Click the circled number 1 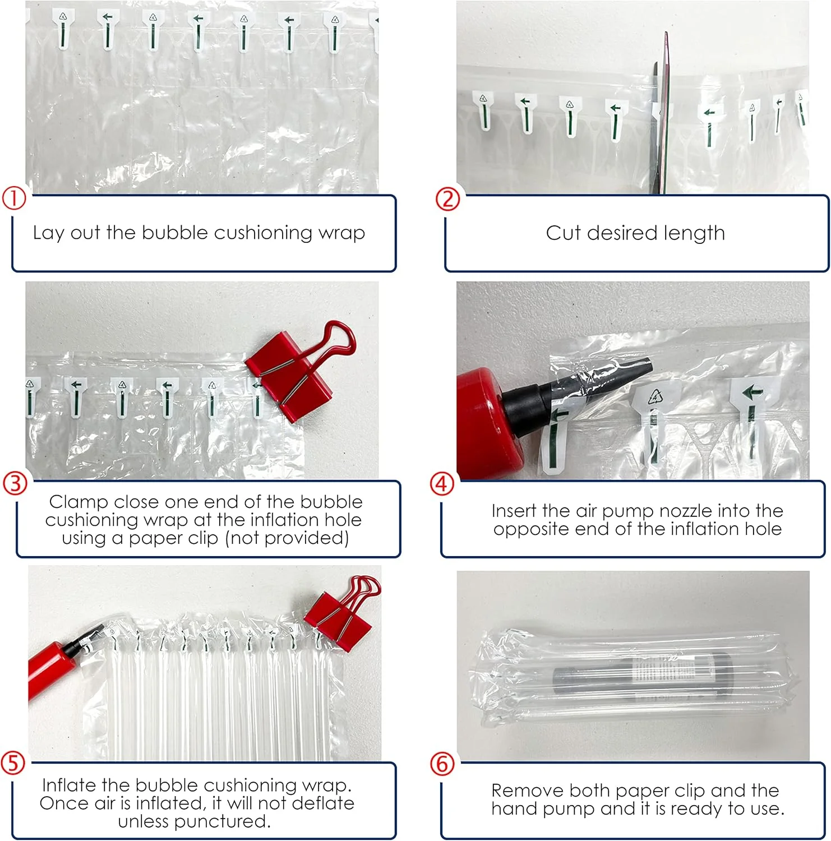[x=14, y=198]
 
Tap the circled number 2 [x=447, y=199]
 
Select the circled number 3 [x=15, y=483]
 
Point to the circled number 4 [x=442, y=483]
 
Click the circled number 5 [x=13, y=763]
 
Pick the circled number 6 [x=442, y=764]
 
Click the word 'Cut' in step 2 [x=563, y=233]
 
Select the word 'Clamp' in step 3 [x=78, y=502]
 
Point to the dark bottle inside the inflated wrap [x=643, y=676]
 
